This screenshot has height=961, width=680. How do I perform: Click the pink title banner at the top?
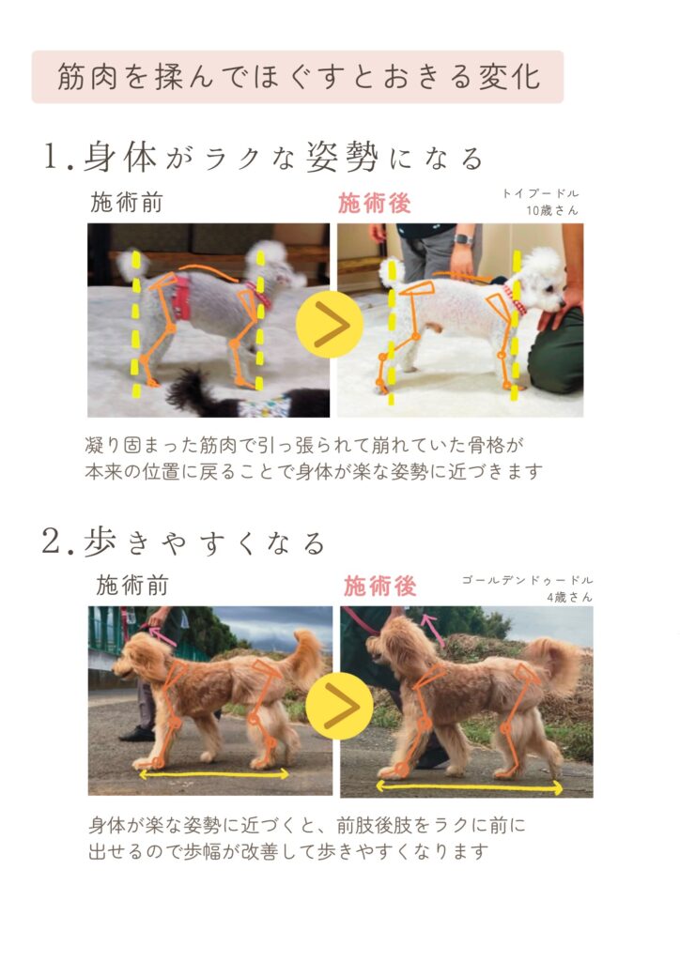298,77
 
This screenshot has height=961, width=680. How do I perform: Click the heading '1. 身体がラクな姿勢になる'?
263,157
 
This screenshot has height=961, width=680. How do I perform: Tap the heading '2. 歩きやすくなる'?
183,542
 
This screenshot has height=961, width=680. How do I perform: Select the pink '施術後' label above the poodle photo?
374,203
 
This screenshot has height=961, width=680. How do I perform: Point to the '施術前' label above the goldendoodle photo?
131,586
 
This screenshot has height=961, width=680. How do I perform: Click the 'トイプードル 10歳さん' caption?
540,202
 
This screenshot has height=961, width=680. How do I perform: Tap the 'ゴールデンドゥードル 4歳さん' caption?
527,587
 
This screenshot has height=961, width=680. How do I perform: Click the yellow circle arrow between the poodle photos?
330,324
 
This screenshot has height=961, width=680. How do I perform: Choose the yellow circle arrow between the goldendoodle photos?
339,706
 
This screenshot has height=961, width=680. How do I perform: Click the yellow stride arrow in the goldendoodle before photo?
214,774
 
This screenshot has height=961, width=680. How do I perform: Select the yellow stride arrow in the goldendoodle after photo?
469,787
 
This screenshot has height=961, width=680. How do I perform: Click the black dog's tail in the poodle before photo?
186,389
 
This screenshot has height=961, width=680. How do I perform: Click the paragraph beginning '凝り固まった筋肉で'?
314,458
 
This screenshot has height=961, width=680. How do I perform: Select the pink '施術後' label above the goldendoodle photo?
379,586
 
